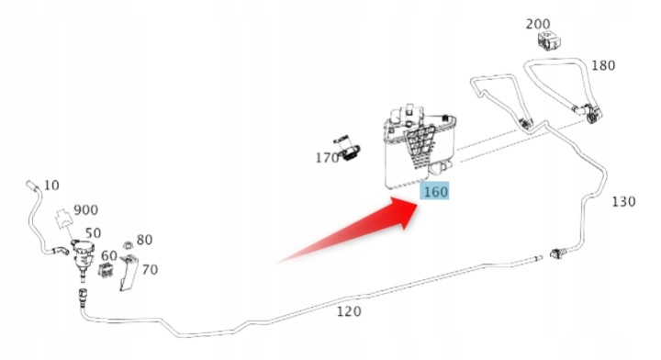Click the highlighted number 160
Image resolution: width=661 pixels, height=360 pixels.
[x=435, y=192]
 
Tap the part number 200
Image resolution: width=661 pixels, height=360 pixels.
[x=538, y=24]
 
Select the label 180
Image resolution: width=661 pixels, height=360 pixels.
[x=603, y=65]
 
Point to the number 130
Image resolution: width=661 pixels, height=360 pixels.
[x=623, y=201]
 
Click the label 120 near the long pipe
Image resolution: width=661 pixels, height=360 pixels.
[x=349, y=311]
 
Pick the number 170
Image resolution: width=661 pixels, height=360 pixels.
[x=327, y=158]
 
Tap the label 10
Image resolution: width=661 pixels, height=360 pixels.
[x=51, y=186]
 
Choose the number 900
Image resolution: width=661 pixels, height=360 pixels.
[x=86, y=210]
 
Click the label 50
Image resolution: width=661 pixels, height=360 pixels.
[x=93, y=233]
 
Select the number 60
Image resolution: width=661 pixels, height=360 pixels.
[x=109, y=255]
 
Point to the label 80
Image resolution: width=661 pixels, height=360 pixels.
[x=144, y=240]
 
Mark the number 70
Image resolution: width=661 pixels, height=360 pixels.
[x=150, y=269]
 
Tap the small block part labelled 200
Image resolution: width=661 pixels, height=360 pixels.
[x=550, y=41]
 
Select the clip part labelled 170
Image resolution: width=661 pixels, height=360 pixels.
[x=348, y=149]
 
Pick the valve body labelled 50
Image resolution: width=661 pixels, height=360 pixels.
[x=83, y=257]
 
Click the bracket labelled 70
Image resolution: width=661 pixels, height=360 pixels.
[x=129, y=273]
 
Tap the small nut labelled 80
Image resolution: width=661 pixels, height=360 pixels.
[x=127, y=245]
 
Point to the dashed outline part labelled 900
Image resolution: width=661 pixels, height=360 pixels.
[x=64, y=218]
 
